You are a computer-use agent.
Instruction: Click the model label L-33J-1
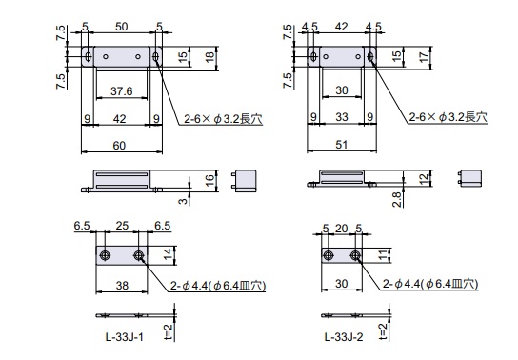click(x=125, y=337)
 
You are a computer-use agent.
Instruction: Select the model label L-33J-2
click(x=344, y=337)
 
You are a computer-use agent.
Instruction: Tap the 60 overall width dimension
click(x=119, y=146)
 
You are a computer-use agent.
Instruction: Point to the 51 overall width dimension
click(x=341, y=145)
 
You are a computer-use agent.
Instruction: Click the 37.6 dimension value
click(x=122, y=91)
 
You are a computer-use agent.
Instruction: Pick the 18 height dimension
click(x=209, y=57)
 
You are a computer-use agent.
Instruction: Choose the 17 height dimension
click(x=424, y=57)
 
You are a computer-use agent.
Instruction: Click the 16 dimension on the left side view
click(x=209, y=180)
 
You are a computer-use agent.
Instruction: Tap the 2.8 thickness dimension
click(x=397, y=199)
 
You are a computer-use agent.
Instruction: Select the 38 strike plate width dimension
click(x=122, y=286)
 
